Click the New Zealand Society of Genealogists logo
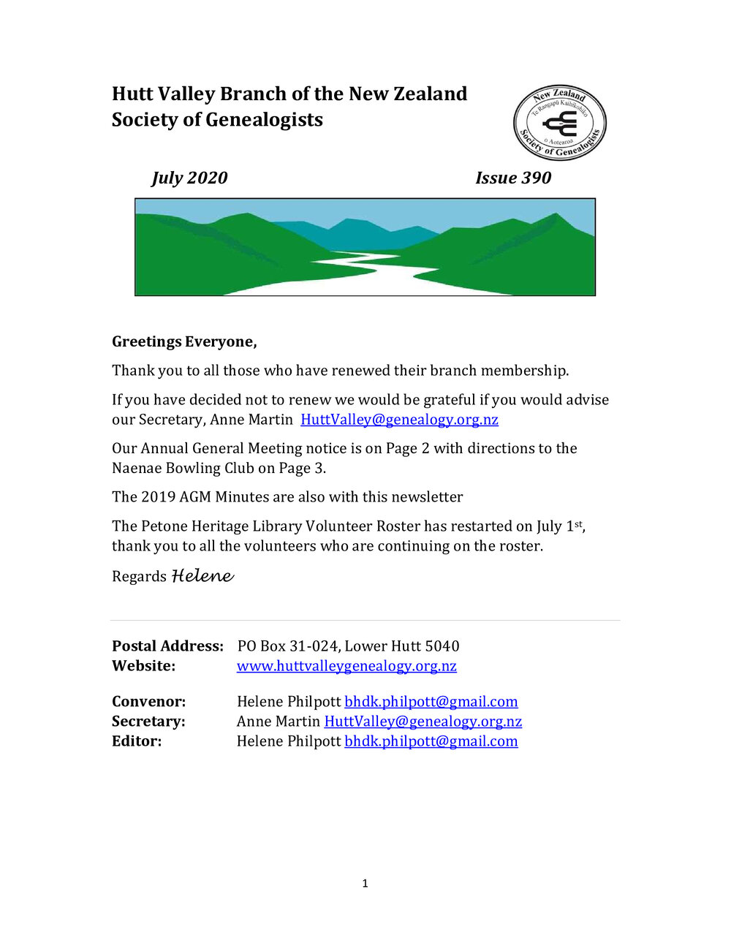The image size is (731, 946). click(x=559, y=123)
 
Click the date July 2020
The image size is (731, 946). click(x=189, y=178)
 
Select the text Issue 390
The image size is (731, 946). click(x=513, y=178)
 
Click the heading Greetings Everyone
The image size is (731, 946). click(x=184, y=341)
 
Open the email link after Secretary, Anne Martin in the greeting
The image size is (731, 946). click(x=399, y=420)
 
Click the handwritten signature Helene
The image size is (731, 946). click(x=202, y=576)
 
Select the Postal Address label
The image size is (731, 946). click(x=167, y=646)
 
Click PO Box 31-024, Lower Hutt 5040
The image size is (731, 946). click(x=348, y=646)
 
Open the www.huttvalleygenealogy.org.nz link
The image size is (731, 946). click(x=346, y=666)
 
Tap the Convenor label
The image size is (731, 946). click(x=148, y=702)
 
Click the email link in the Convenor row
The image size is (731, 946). click(x=431, y=702)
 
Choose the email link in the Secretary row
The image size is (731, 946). click(x=423, y=722)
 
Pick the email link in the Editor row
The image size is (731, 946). click(x=431, y=741)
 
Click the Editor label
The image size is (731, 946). click(x=137, y=741)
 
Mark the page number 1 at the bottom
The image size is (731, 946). click(x=365, y=883)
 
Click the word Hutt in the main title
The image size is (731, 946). click(x=132, y=94)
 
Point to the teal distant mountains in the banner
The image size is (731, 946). click(x=365, y=232)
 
